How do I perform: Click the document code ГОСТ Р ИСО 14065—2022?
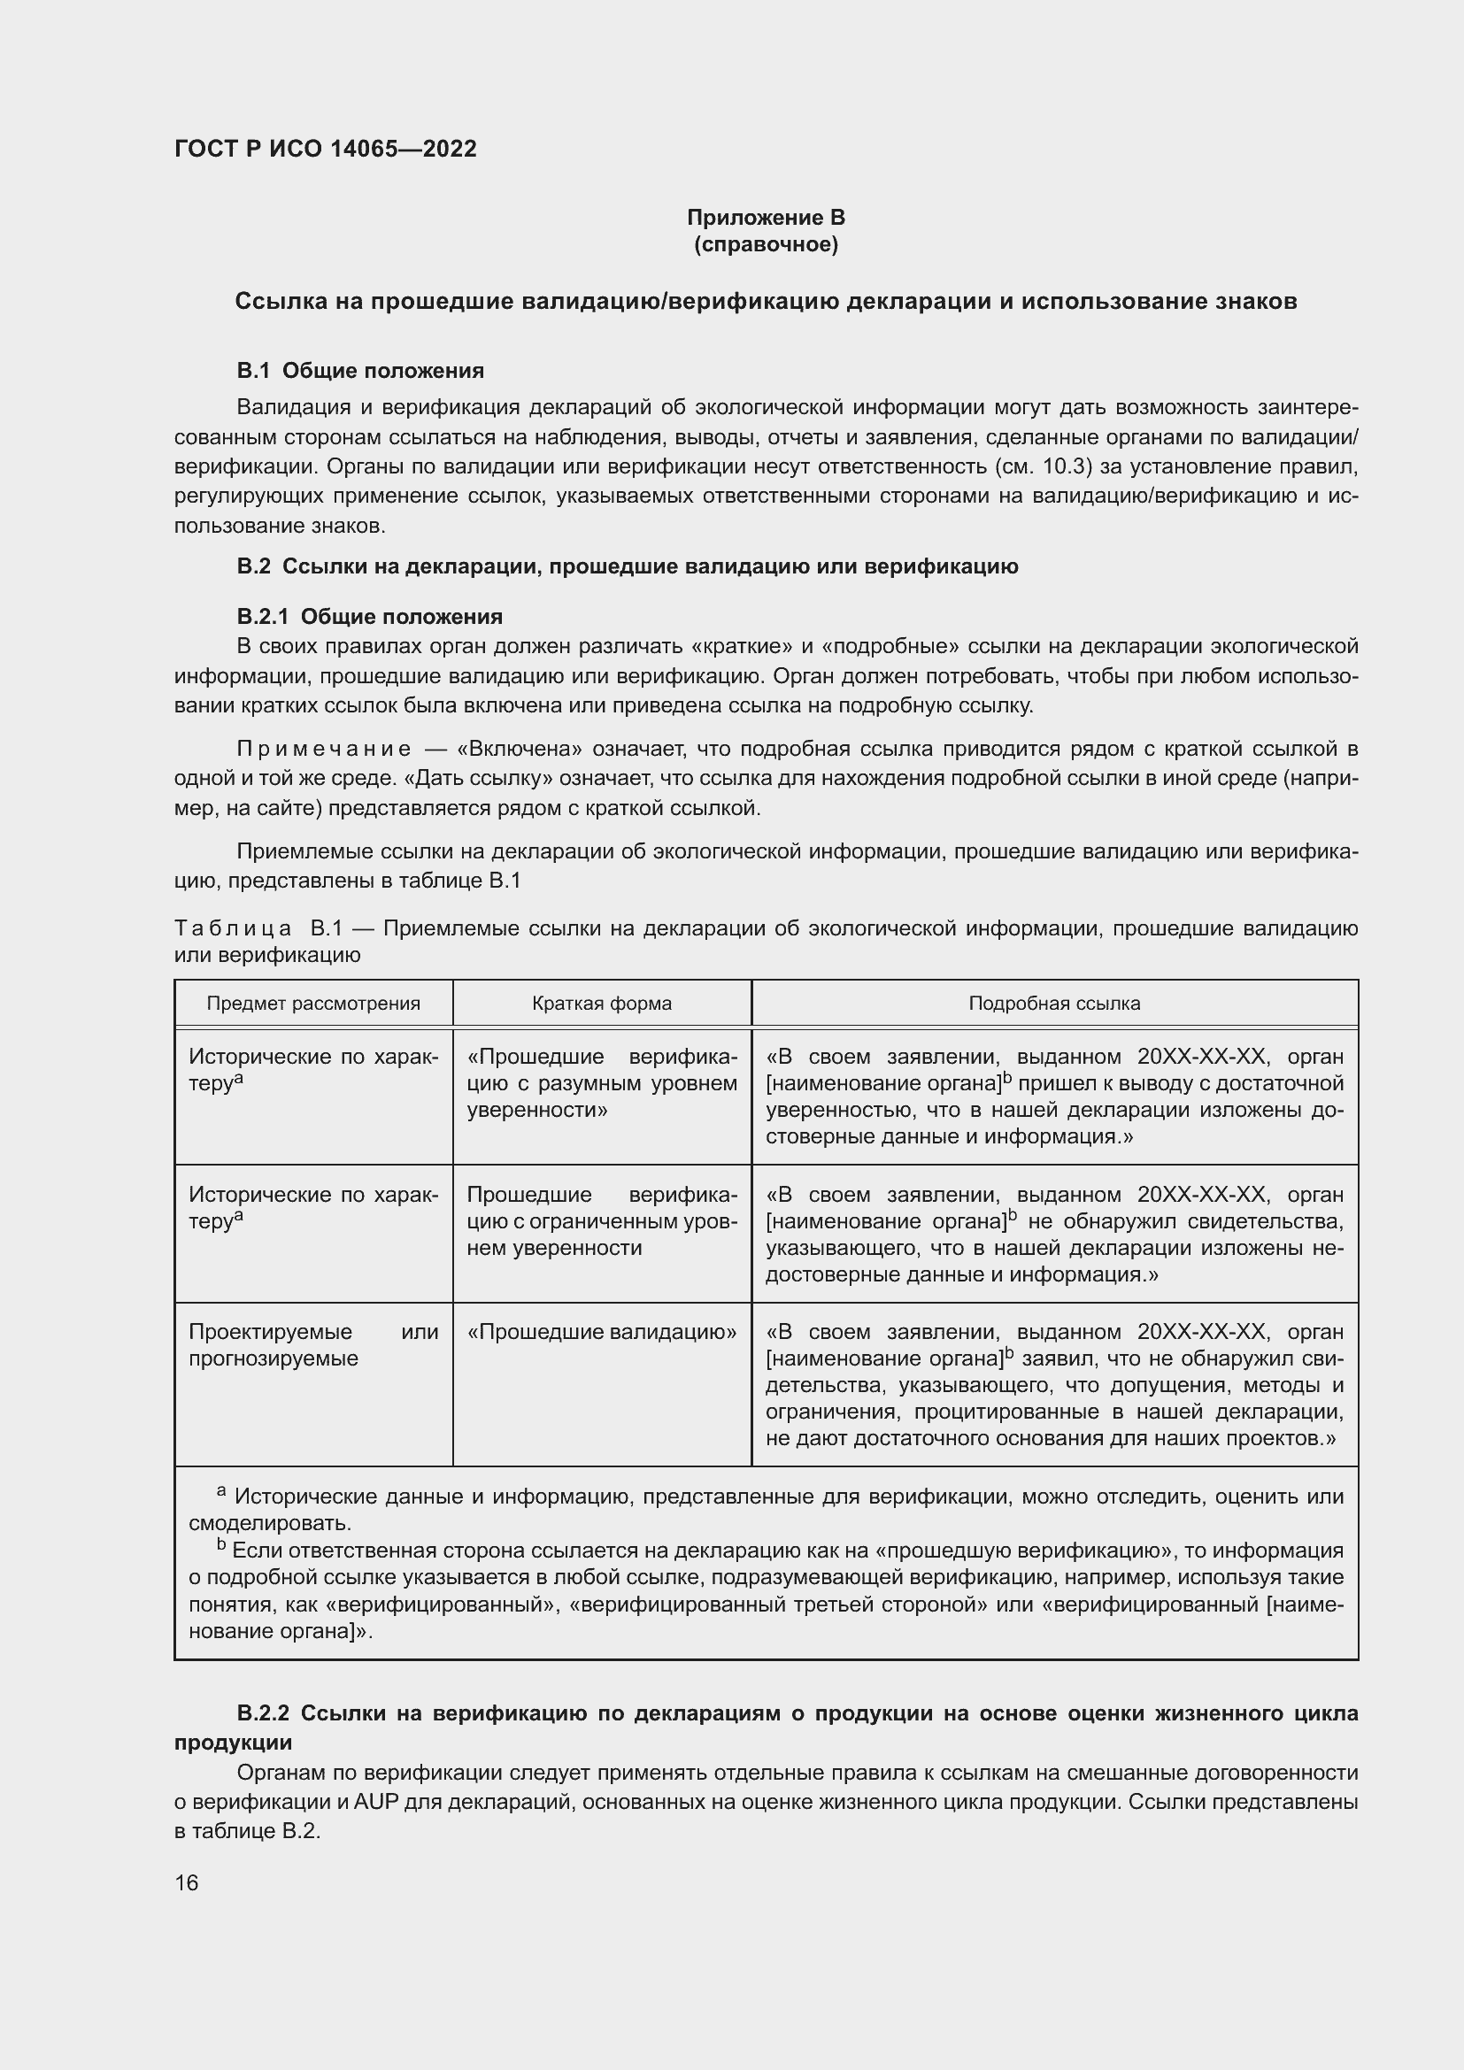[x=326, y=150]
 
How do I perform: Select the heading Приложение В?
[x=766, y=218]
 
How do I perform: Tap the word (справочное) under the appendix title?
[x=766, y=245]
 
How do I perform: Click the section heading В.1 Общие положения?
[x=360, y=371]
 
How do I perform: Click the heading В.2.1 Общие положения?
[x=370, y=617]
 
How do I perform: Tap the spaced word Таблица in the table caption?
[x=233, y=928]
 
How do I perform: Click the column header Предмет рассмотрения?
[x=313, y=1004]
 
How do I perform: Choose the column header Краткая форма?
[x=601, y=1004]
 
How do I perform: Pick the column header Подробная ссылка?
[x=1054, y=1004]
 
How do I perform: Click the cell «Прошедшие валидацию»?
[x=601, y=1332]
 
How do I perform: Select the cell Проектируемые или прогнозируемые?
[x=312, y=1344]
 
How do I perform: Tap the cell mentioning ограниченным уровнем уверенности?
[x=601, y=1221]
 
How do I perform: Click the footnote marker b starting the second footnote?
[x=221, y=1544]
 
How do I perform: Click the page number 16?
[x=187, y=1883]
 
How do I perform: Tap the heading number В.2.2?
[x=263, y=1713]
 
